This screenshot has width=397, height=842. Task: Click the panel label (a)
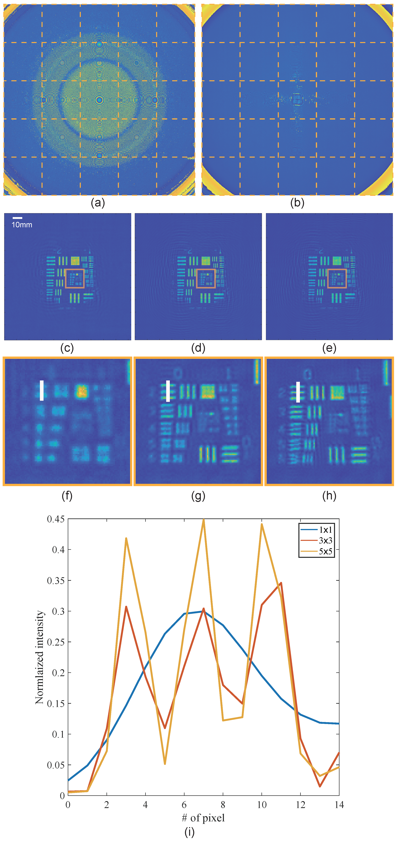point(98,203)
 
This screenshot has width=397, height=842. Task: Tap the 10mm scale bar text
point(22,225)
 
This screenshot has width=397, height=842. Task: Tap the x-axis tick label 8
point(223,805)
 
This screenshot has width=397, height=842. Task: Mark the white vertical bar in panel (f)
point(42,390)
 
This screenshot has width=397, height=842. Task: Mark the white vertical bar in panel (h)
point(298,392)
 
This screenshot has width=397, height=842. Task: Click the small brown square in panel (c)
point(75,278)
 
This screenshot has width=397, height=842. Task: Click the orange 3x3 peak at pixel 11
point(281,583)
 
